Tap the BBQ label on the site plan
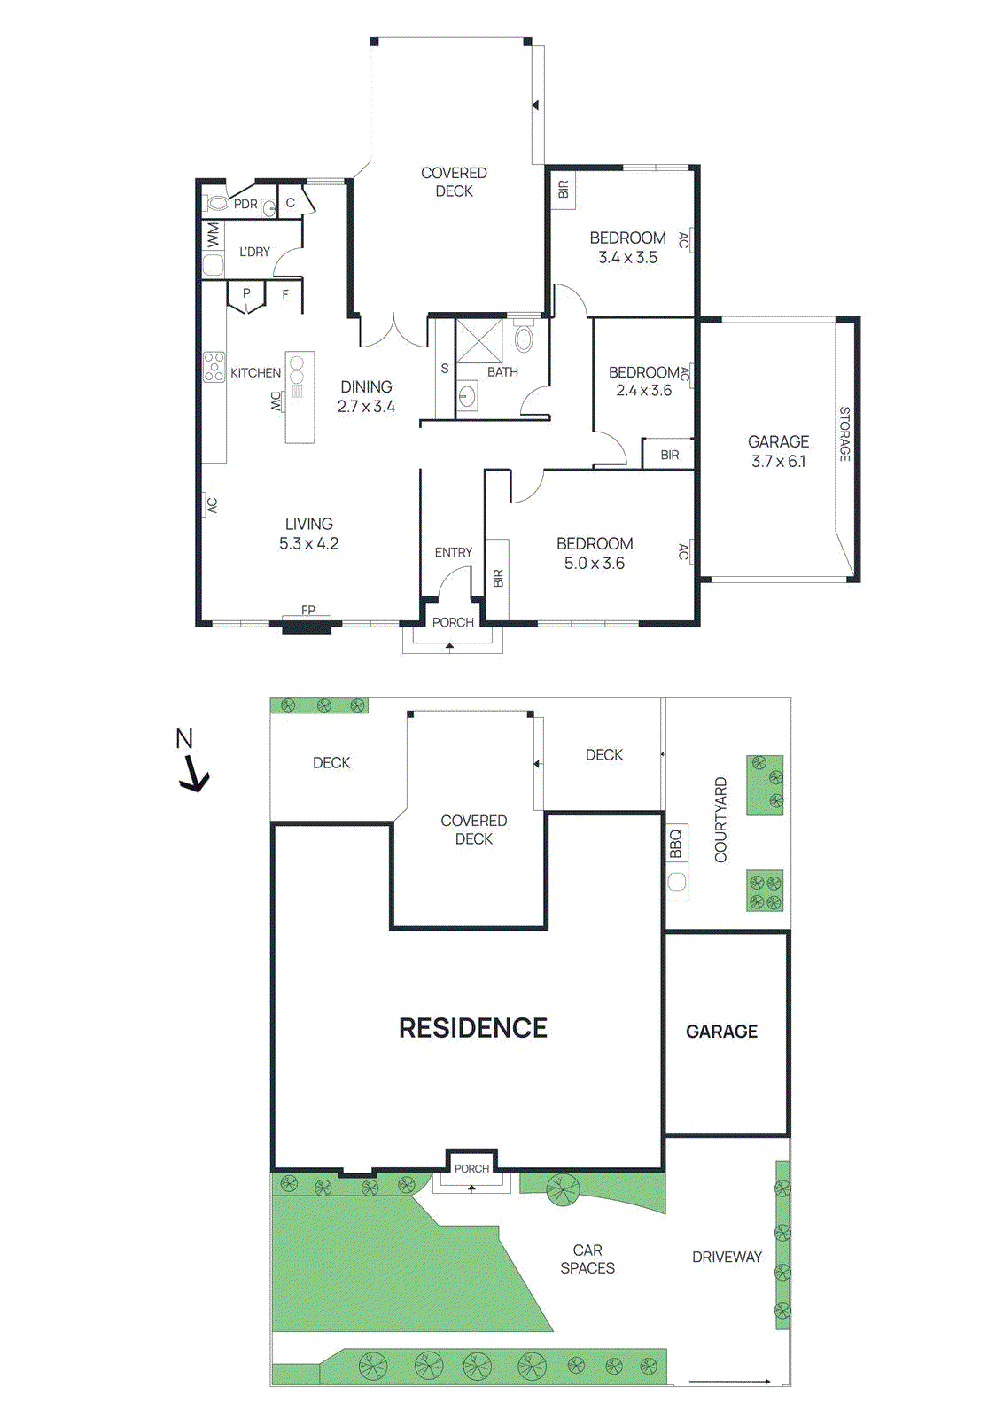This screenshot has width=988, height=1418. coord(676,842)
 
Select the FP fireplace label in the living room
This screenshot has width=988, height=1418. coord(308,610)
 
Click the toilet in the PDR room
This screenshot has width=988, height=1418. coord(216,203)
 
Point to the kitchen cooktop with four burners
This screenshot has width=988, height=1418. coord(214,366)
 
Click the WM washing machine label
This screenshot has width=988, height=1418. coord(214,236)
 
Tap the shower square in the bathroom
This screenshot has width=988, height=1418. coord(478,341)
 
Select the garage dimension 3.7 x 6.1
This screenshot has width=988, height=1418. coord(778,462)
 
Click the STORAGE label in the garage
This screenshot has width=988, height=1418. coord(844,433)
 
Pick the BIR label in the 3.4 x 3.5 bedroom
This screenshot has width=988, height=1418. coord(564,190)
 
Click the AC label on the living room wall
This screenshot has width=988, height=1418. coord(212,505)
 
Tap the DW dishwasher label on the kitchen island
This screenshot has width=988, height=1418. coord(276,401)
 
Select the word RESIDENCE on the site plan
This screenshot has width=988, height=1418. coord(472,1028)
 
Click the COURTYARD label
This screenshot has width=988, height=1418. coord(720,820)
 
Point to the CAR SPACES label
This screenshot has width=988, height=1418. coord(587,1258)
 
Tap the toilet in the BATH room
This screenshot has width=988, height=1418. coord(524,339)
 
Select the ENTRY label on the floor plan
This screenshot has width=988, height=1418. coord(453,552)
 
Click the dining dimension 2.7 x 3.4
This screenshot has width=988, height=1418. coord(366,407)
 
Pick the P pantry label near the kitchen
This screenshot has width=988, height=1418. coord(246,293)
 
